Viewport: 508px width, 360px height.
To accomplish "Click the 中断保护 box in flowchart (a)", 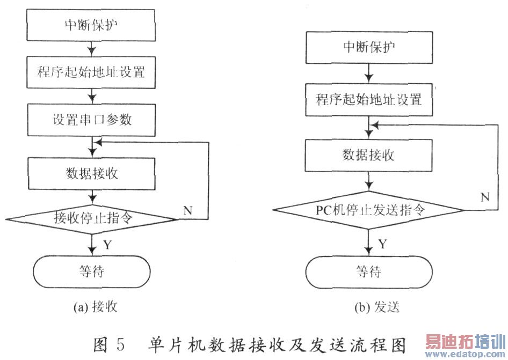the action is click(x=91, y=25).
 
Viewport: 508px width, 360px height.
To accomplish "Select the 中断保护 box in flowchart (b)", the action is click(x=369, y=47).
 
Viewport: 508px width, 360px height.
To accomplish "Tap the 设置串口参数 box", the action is click(x=91, y=120).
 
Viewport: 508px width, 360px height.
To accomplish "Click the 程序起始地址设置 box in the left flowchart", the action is click(x=91, y=72).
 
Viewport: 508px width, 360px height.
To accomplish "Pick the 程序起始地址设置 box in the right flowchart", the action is click(x=369, y=100).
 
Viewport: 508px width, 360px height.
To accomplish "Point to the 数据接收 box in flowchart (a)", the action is click(x=92, y=173).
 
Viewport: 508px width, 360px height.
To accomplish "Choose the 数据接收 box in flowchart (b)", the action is click(x=369, y=156).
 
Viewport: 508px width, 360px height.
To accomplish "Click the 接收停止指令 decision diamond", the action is click(x=92, y=219).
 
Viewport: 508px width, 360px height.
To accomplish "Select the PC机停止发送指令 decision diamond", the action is click(x=369, y=210).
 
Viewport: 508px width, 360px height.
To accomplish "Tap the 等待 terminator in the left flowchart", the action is click(x=92, y=271).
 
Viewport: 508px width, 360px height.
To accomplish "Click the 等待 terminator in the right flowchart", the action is click(x=369, y=272).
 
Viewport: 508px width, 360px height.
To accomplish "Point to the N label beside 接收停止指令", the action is click(x=188, y=211).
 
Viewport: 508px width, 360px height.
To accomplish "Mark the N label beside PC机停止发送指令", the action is click(x=485, y=197).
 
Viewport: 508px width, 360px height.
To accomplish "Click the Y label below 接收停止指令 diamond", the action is click(x=107, y=245).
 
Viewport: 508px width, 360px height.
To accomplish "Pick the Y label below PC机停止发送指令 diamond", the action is click(x=383, y=244).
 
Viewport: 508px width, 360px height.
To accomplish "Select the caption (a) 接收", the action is click(x=95, y=306).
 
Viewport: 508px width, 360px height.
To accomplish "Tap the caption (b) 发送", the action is click(x=377, y=307).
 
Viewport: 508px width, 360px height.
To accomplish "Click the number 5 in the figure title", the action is click(x=120, y=344).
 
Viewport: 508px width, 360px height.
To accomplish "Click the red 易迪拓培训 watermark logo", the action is click(x=466, y=342).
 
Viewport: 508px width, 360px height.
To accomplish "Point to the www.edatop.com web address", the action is click(x=466, y=354).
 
